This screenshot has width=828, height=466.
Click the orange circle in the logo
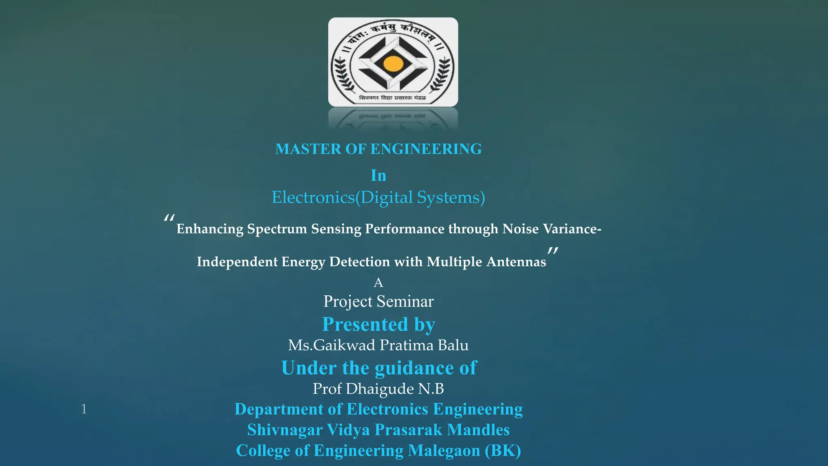pyautogui.click(x=393, y=64)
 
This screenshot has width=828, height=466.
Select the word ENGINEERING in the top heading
pyautogui.click(x=426, y=149)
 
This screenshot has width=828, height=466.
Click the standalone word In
pyautogui.click(x=378, y=176)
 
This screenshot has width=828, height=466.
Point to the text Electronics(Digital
pyautogui.click(x=342, y=197)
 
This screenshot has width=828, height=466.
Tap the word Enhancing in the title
pyautogui.click(x=210, y=229)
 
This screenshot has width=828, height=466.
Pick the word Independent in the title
pyautogui.click(x=237, y=262)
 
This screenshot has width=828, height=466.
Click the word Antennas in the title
pyautogui.click(x=516, y=262)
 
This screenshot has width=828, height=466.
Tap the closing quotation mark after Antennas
pyautogui.click(x=553, y=251)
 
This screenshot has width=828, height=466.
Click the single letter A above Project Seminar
pyautogui.click(x=378, y=282)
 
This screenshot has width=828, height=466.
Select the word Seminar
pyautogui.click(x=405, y=301)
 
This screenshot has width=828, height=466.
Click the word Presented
pyautogui.click(x=365, y=324)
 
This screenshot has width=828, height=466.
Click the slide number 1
pyautogui.click(x=84, y=409)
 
